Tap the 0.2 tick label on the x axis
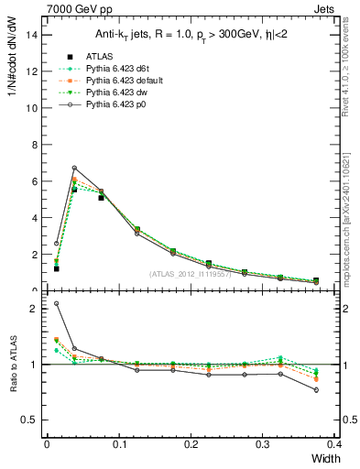pyautogui.click(x=191, y=443)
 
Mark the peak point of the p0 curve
pyautogui.click(x=74, y=168)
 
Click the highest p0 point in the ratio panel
pyautogui.click(x=56, y=303)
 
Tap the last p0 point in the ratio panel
pyautogui.click(x=316, y=390)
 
